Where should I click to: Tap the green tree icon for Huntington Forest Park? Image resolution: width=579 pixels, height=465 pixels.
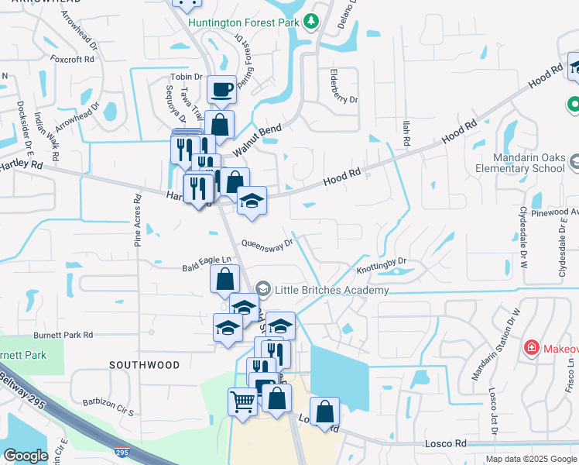pos(311,22)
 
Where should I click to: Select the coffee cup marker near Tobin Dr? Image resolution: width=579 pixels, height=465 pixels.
pos(221,89)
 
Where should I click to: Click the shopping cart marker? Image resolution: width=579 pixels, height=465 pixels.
pos(242,402)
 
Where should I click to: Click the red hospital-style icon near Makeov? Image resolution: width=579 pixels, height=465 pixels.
pos(532,347)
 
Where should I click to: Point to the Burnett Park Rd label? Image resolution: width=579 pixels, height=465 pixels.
pos(63,335)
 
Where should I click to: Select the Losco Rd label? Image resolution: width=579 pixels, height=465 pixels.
pos(445,444)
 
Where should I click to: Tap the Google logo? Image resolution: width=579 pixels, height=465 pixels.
pos(26,456)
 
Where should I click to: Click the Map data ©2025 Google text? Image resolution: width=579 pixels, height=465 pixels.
pos(531,459)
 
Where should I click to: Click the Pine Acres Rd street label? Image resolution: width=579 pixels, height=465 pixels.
pos(138,219)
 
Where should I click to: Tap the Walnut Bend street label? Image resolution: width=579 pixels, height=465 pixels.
pos(256,139)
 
